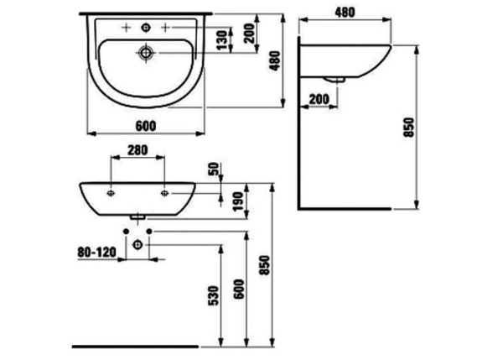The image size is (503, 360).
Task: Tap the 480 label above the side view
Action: coord(345,12)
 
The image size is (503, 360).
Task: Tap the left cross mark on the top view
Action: coord(125,28)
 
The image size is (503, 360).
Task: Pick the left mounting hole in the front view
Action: coord(111,192)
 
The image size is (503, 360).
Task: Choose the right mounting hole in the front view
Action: coord(165,192)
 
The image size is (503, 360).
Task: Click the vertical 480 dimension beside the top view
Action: coord(273,59)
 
